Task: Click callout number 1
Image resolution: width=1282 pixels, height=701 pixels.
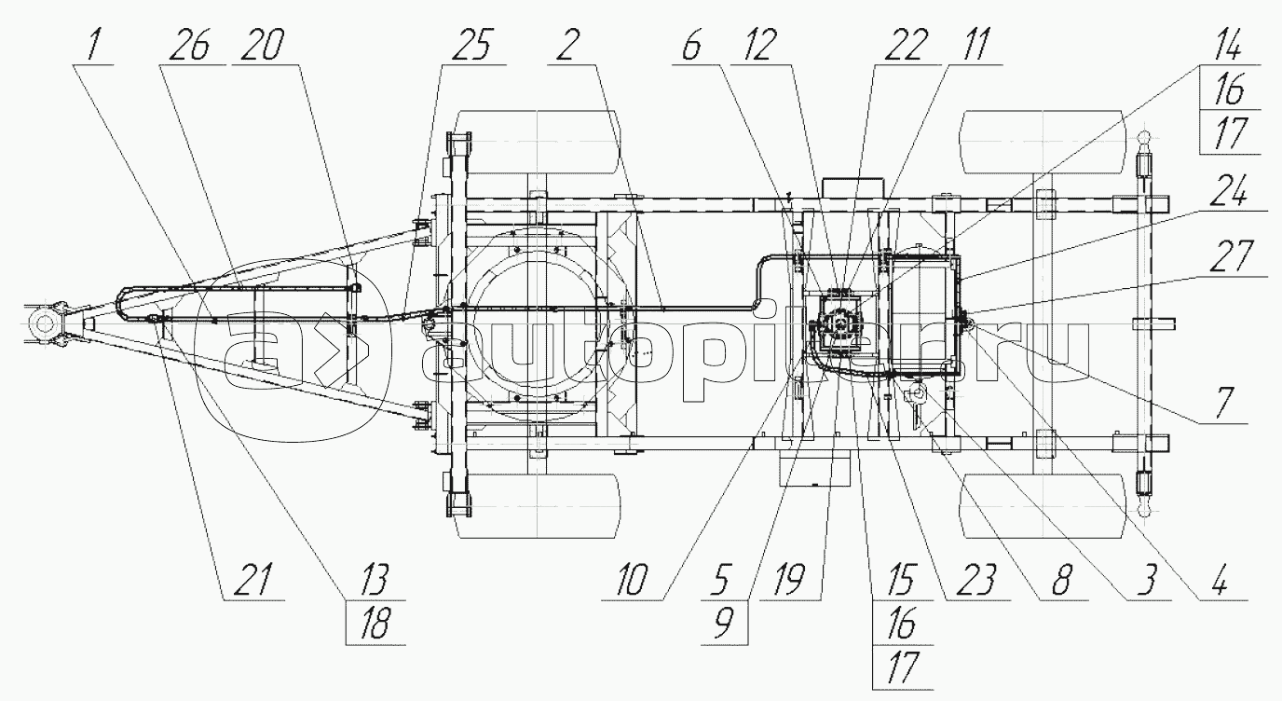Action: coord(92,46)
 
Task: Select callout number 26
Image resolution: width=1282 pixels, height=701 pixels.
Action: coord(190,46)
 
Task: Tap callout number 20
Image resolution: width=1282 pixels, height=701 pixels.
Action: coord(263,46)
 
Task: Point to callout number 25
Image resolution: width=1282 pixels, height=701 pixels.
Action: coord(471,46)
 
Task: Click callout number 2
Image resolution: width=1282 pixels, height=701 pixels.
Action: coord(567,46)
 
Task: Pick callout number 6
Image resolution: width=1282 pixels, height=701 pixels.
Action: coord(691,46)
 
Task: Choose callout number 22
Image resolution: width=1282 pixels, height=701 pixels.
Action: coord(906,46)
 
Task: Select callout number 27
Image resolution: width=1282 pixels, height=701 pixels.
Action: coord(1231,255)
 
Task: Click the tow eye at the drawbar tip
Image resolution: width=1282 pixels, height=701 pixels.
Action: coord(44,324)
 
